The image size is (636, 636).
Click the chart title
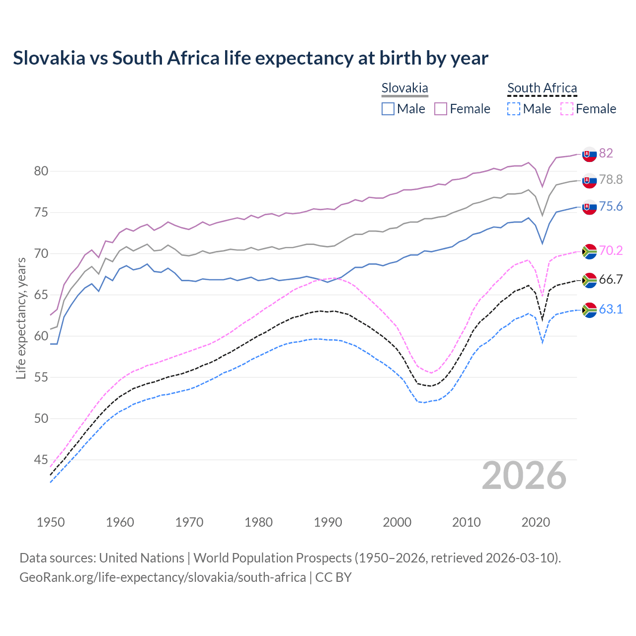(x=250, y=58)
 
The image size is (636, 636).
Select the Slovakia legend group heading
(x=404, y=88)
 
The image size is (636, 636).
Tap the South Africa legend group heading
(x=542, y=88)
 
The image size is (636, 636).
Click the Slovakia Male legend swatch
(x=388, y=109)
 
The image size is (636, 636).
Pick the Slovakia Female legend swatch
(x=441, y=109)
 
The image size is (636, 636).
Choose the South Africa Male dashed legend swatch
(x=514, y=109)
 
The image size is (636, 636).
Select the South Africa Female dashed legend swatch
(x=566, y=109)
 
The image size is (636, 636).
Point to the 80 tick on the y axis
(x=41, y=171)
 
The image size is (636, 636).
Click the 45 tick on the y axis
(x=41, y=460)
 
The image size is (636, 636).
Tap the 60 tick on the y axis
(x=41, y=336)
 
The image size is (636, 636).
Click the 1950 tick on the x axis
(x=51, y=522)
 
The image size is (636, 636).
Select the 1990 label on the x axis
(x=328, y=522)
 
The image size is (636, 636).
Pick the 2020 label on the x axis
(x=536, y=522)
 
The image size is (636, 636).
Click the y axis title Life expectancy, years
(x=21, y=318)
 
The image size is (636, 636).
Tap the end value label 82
(x=606, y=153)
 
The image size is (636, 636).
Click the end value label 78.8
(x=611, y=180)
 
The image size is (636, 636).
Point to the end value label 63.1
(x=611, y=310)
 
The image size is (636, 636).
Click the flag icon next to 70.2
(x=589, y=251)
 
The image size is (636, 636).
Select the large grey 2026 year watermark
(x=524, y=476)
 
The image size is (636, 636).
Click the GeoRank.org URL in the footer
(x=162, y=577)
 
